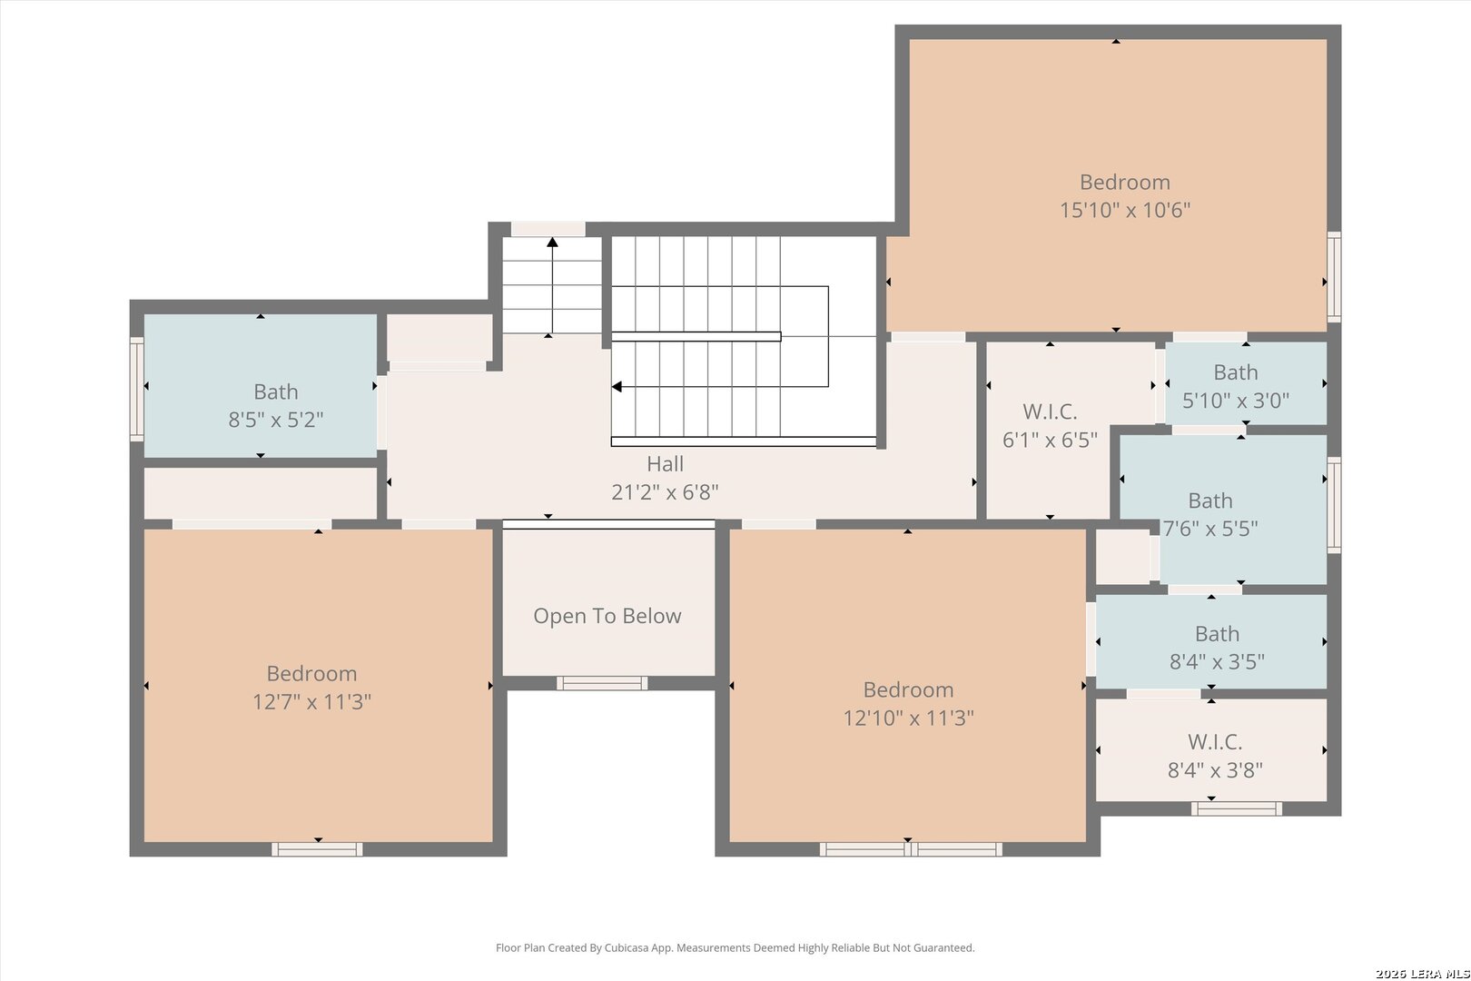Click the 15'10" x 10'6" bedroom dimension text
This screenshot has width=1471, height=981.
1125,210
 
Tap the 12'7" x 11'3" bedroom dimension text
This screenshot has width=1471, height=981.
312,702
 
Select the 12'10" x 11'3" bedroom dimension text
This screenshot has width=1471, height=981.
908,718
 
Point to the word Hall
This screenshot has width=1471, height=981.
666,464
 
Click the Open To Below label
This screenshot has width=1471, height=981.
607,616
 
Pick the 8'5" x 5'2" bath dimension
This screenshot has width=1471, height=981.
276,420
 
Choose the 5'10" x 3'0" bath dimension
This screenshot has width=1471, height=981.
1236,401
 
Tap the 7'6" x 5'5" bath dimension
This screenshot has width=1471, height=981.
1210,529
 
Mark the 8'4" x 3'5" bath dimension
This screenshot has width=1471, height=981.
1217,661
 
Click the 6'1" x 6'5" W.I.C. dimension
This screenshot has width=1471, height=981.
1050,440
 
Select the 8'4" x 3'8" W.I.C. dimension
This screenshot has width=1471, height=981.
1215,769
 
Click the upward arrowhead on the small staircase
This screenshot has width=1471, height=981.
552,243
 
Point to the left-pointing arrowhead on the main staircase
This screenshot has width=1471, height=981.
617,386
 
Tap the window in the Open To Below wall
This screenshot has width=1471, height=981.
602,683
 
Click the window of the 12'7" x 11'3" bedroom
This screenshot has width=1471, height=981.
317,849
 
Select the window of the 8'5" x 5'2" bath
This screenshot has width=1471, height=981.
136,389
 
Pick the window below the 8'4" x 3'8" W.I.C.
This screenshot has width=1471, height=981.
1237,808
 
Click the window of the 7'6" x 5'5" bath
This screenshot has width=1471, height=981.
1334,505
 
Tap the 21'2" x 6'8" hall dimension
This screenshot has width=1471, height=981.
666,492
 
